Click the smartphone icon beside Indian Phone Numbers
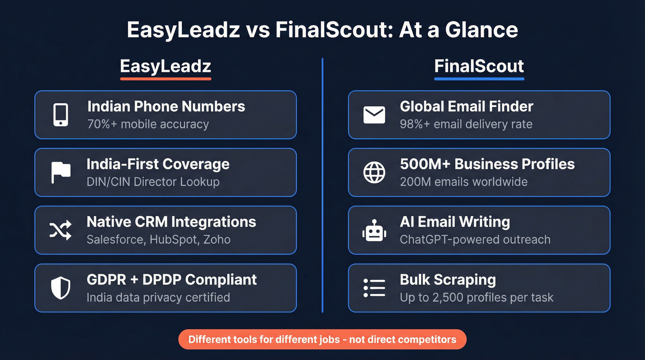point(60,115)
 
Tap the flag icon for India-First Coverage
point(60,172)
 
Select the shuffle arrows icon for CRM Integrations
point(60,230)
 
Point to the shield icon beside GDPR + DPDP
point(60,288)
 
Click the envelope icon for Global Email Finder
point(374,115)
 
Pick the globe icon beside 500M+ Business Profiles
point(374,172)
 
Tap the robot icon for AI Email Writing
point(374,230)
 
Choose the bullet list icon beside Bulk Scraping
point(374,288)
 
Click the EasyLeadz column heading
point(165,66)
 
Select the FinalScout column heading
point(479,66)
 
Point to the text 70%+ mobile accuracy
point(147,124)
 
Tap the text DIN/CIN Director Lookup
point(153,182)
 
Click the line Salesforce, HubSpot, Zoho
point(158,240)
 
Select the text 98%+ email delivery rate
point(466,124)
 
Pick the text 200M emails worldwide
point(463,182)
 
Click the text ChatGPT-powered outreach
point(475,240)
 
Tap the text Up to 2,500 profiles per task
point(476,297)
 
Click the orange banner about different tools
point(322,340)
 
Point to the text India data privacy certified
point(158,297)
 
